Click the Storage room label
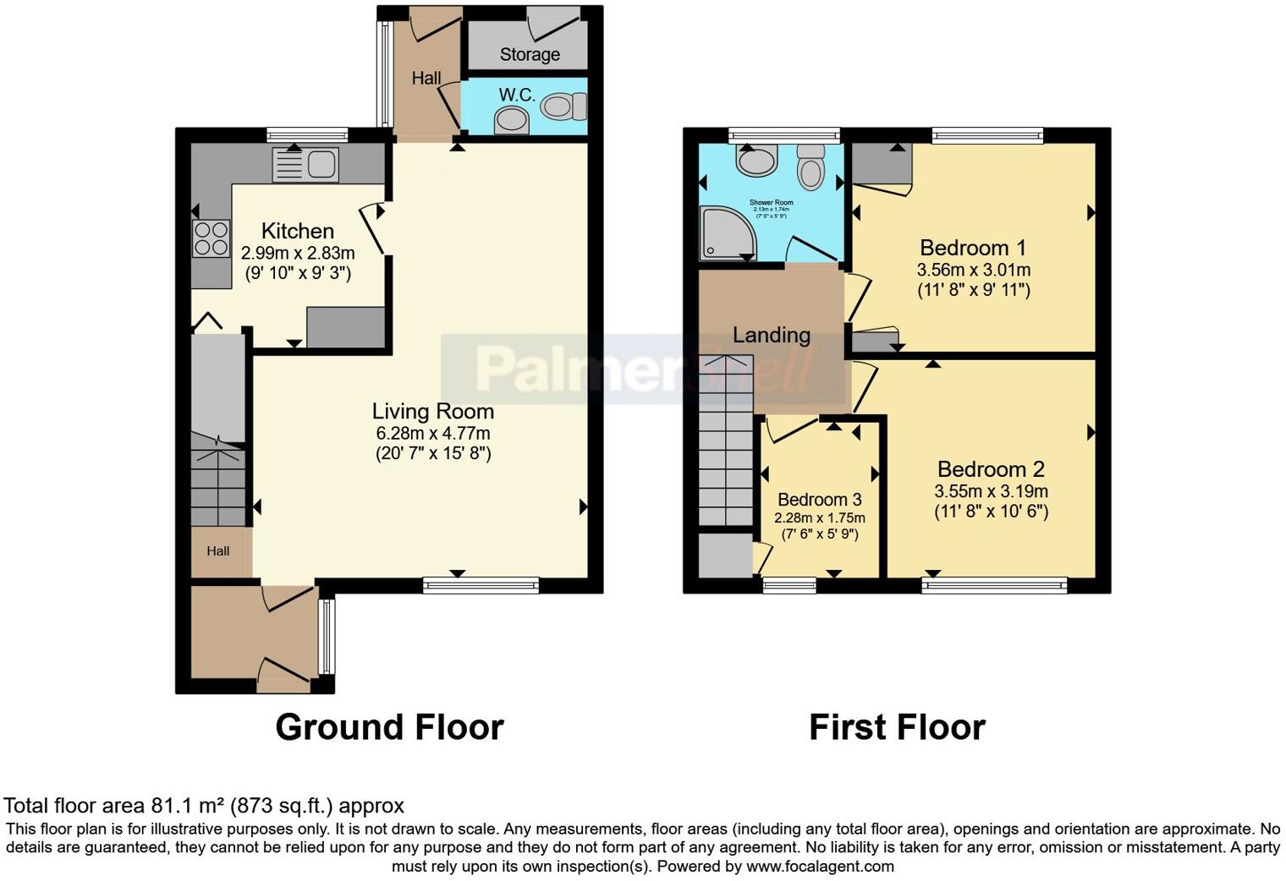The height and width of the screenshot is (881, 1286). tap(530, 55)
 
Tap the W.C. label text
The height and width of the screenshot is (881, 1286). tap(516, 95)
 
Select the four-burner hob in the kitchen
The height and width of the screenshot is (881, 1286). tap(211, 238)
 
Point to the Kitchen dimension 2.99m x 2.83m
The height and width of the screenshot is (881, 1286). tap(298, 253)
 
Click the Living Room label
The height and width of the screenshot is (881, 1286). tap(433, 412)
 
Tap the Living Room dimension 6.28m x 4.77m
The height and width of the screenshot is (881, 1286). tap(433, 434)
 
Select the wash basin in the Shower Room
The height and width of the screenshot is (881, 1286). tap(756, 160)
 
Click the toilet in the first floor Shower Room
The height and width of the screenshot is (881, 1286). tap(811, 167)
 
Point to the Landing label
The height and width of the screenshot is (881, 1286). tap(771, 335)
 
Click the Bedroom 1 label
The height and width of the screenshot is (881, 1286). tap(973, 248)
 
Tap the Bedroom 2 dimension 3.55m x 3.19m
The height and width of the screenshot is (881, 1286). tap(991, 491)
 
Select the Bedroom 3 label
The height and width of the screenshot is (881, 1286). tap(819, 500)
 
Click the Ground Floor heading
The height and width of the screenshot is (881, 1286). tap(389, 727)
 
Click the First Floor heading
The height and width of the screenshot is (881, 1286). tap(897, 727)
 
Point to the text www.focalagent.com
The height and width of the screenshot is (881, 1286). tap(820, 867)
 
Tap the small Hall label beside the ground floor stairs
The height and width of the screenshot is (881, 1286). tap(218, 551)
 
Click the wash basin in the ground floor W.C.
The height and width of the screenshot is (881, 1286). tap(511, 120)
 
